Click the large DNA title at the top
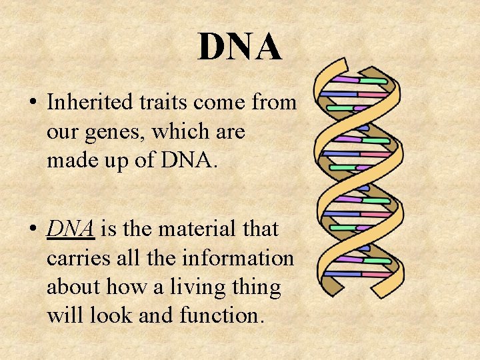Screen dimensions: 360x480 click(239, 47)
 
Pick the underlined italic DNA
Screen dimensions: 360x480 click(71, 229)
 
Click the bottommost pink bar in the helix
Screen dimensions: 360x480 click(375, 274)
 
